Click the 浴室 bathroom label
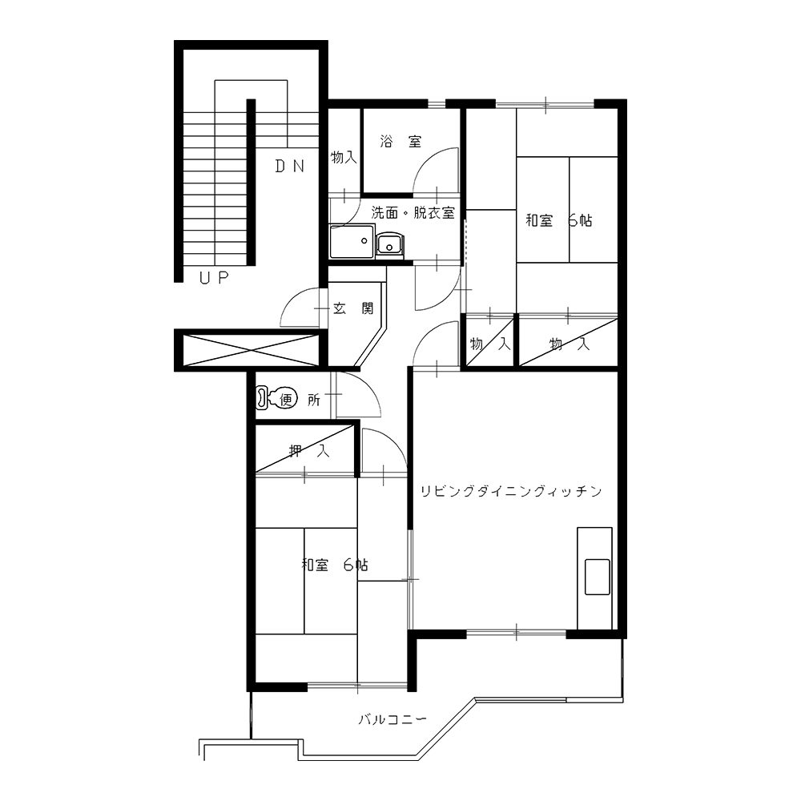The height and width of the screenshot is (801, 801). click(x=401, y=142)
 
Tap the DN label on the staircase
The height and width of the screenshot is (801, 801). click(x=290, y=166)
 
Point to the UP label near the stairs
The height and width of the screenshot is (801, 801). click(x=214, y=278)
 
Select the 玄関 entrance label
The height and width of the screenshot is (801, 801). click(x=353, y=308)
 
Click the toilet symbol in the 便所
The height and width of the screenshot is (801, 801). click(x=276, y=398)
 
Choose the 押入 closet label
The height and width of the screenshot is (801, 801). click(x=309, y=451)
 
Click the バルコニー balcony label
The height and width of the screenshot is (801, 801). click(x=392, y=720)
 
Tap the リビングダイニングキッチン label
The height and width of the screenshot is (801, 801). click(x=511, y=492)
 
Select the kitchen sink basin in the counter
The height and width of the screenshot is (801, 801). click(x=598, y=577)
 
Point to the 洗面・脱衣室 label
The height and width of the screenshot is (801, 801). click(x=413, y=212)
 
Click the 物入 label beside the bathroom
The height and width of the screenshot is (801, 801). click(x=344, y=157)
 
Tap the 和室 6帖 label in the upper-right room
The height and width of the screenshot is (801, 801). click(x=559, y=221)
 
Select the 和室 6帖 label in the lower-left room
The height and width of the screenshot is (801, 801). click(x=335, y=565)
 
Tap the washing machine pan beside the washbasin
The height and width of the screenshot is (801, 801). click(x=352, y=242)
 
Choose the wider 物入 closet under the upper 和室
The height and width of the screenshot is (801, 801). click(x=569, y=341)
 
